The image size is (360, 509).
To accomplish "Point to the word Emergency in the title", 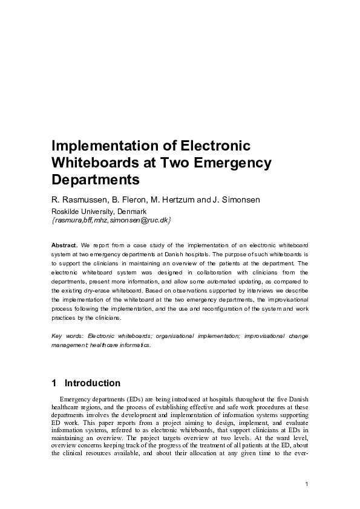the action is tap(233, 163).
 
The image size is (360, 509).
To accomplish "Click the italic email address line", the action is tap(111, 221).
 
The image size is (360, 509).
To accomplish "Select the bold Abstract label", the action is tap(64, 245).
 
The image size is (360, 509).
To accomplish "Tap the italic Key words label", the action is tap(67, 336).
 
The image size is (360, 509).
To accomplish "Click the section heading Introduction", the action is tap(93, 383).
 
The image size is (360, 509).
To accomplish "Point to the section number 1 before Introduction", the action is tap(54, 383).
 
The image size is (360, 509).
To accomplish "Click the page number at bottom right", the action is tap(307, 484).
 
